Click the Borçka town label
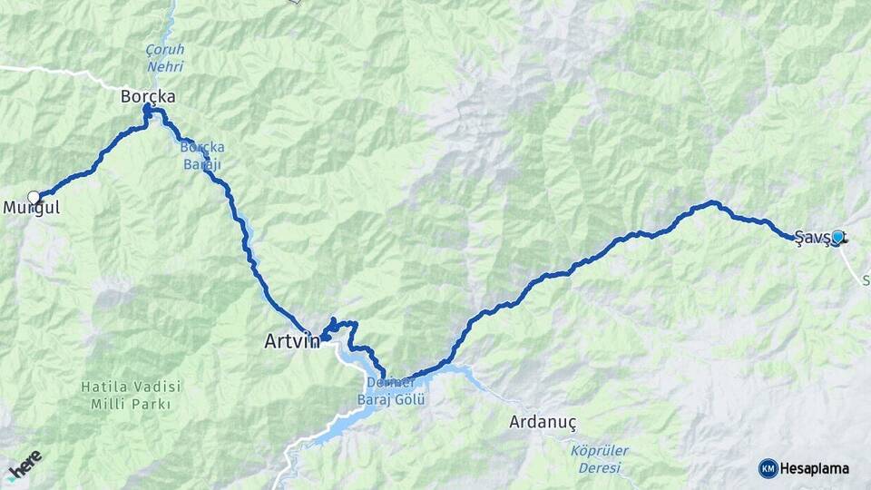tap(148, 95)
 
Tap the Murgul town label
tap(31, 208)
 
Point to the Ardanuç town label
tap(543, 422)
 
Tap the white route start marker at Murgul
tap(34, 197)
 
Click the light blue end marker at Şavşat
tap(837, 237)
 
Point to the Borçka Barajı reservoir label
tap(201, 155)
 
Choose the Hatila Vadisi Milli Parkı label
tap(132, 395)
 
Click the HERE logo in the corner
tap(25, 465)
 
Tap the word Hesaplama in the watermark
tap(818, 468)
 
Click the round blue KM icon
tap(768, 468)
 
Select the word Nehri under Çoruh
tap(164, 66)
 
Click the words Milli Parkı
tap(132, 404)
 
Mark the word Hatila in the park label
tap(101, 387)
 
